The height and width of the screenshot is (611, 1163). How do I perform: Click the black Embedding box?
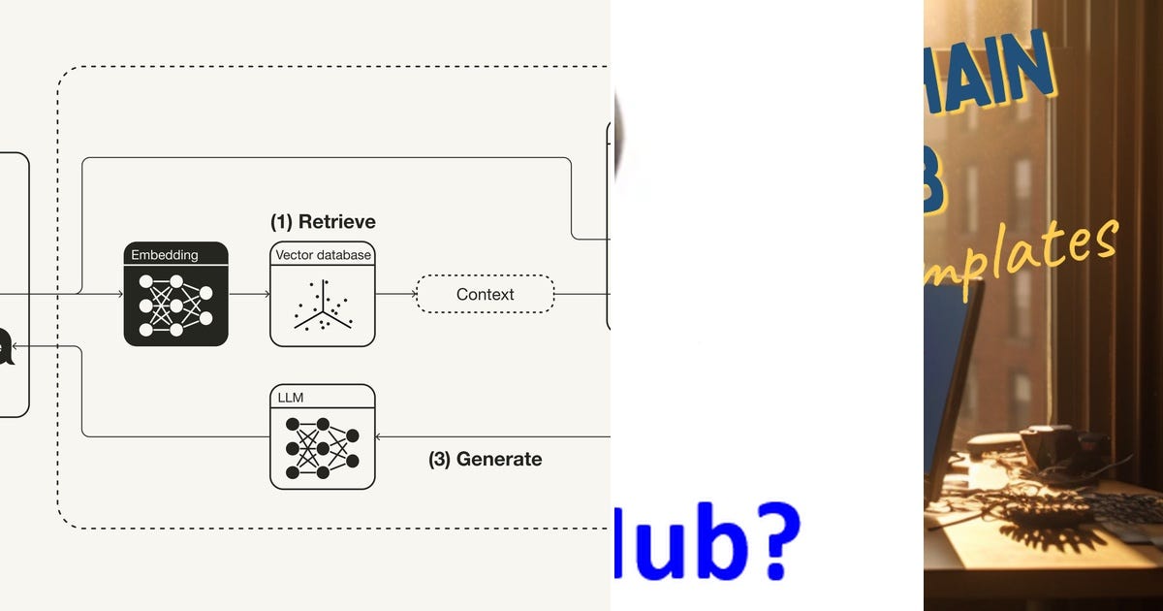point(175,294)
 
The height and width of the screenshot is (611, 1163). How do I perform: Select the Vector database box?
point(322,294)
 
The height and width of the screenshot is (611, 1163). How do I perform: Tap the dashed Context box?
point(485,294)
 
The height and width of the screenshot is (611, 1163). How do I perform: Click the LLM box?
point(322,436)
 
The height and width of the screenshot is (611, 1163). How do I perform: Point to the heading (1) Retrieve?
point(323,222)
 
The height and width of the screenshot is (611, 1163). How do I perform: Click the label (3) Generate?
point(485,459)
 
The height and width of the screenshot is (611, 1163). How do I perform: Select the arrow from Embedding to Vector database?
point(249,293)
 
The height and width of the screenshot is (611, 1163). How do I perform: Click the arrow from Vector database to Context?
point(394,293)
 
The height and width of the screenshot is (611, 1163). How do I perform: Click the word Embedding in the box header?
point(165,255)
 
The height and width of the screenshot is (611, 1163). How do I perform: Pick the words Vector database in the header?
point(323,255)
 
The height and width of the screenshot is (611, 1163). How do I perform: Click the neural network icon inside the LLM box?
point(322,447)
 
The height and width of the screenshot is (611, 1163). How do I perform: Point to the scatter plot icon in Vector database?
point(322,305)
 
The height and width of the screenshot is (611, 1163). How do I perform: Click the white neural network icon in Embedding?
point(175,305)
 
